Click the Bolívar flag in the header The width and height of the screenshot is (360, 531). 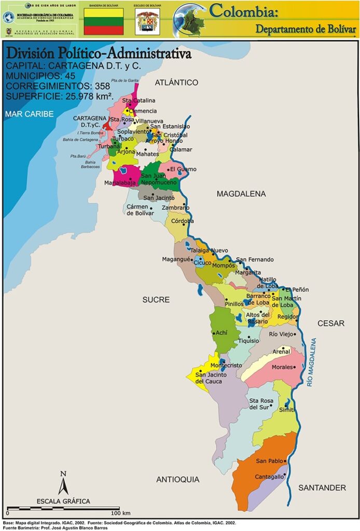coord(104,21)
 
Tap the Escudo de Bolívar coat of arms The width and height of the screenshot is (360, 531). coord(147,22)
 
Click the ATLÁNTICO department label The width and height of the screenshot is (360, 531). coord(176,82)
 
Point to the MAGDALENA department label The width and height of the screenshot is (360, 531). coord(241,194)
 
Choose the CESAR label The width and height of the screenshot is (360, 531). coord(331,324)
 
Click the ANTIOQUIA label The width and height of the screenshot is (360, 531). coord(177,480)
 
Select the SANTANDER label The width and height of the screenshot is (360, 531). coord(322,488)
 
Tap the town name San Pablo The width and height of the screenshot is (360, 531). coord(269,461)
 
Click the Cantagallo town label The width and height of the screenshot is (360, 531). coord(269,477)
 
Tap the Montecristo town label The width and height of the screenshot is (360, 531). coord(225,365)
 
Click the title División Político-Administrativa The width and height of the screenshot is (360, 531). coord(98,54)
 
